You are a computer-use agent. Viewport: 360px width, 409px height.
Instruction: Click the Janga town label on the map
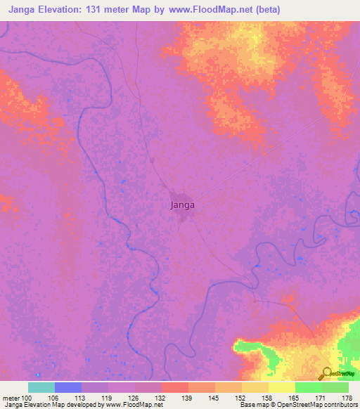pyautogui.click(x=182, y=206)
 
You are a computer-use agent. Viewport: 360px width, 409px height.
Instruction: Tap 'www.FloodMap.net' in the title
pyautogui.click(x=224, y=10)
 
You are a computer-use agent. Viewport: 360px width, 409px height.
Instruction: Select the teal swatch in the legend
pyautogui.click(x=41, y=387)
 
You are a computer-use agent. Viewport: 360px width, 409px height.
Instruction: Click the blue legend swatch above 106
pyautogui.click(x=68, y=387)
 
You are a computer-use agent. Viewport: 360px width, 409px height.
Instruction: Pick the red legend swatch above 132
pyautogui.click(x=175, y=387)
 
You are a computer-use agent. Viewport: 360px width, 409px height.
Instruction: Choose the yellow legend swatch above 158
pyautogui.click(x=255, y=387)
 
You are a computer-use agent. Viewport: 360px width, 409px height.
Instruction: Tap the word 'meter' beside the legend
pyautogui.click(x=11, y=398)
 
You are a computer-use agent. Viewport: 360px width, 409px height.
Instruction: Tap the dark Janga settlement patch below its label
pyautogui.click(x=184, y=215)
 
